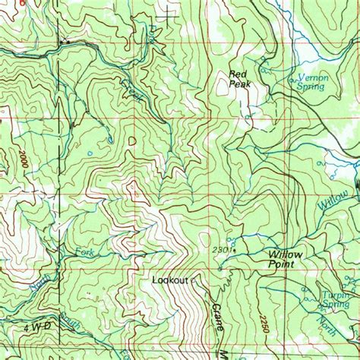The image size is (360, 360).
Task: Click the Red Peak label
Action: pyautogui.click(x=239, y=78)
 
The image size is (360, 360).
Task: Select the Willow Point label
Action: pyautogui.click(x=284, y=260)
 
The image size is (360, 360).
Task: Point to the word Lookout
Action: pyautogui.click(x=169, y=280)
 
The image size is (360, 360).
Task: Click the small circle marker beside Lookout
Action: pyautogui.click(x=193, y=280)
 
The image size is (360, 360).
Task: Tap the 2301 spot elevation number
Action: pyautogui.click(x=222, y=249)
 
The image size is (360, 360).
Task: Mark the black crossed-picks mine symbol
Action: pyautogui.click(x=66, y=39)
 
